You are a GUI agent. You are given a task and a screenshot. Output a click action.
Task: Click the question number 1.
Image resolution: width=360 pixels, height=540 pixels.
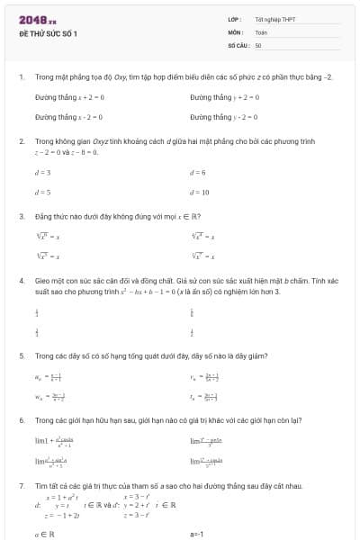coord(21,77)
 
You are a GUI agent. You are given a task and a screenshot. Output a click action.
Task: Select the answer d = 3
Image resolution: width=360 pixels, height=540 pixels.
coord(42,172)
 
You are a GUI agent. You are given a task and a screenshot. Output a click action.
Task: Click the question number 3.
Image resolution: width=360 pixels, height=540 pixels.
coord(21,216)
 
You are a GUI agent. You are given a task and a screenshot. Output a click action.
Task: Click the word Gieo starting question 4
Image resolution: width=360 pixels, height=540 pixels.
coord(42,281)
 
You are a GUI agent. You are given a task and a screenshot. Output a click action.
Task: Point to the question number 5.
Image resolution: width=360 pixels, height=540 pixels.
coord(21,355)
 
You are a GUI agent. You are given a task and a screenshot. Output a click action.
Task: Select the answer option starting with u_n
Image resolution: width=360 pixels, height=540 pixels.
coord(46,378)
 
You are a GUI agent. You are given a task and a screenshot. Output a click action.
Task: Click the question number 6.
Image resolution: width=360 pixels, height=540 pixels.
coord(21,420)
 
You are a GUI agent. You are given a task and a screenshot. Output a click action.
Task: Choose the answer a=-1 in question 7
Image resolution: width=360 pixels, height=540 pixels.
coord(197,534)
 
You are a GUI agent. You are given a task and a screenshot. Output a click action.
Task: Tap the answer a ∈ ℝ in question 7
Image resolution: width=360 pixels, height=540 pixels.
coord(45,534)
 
